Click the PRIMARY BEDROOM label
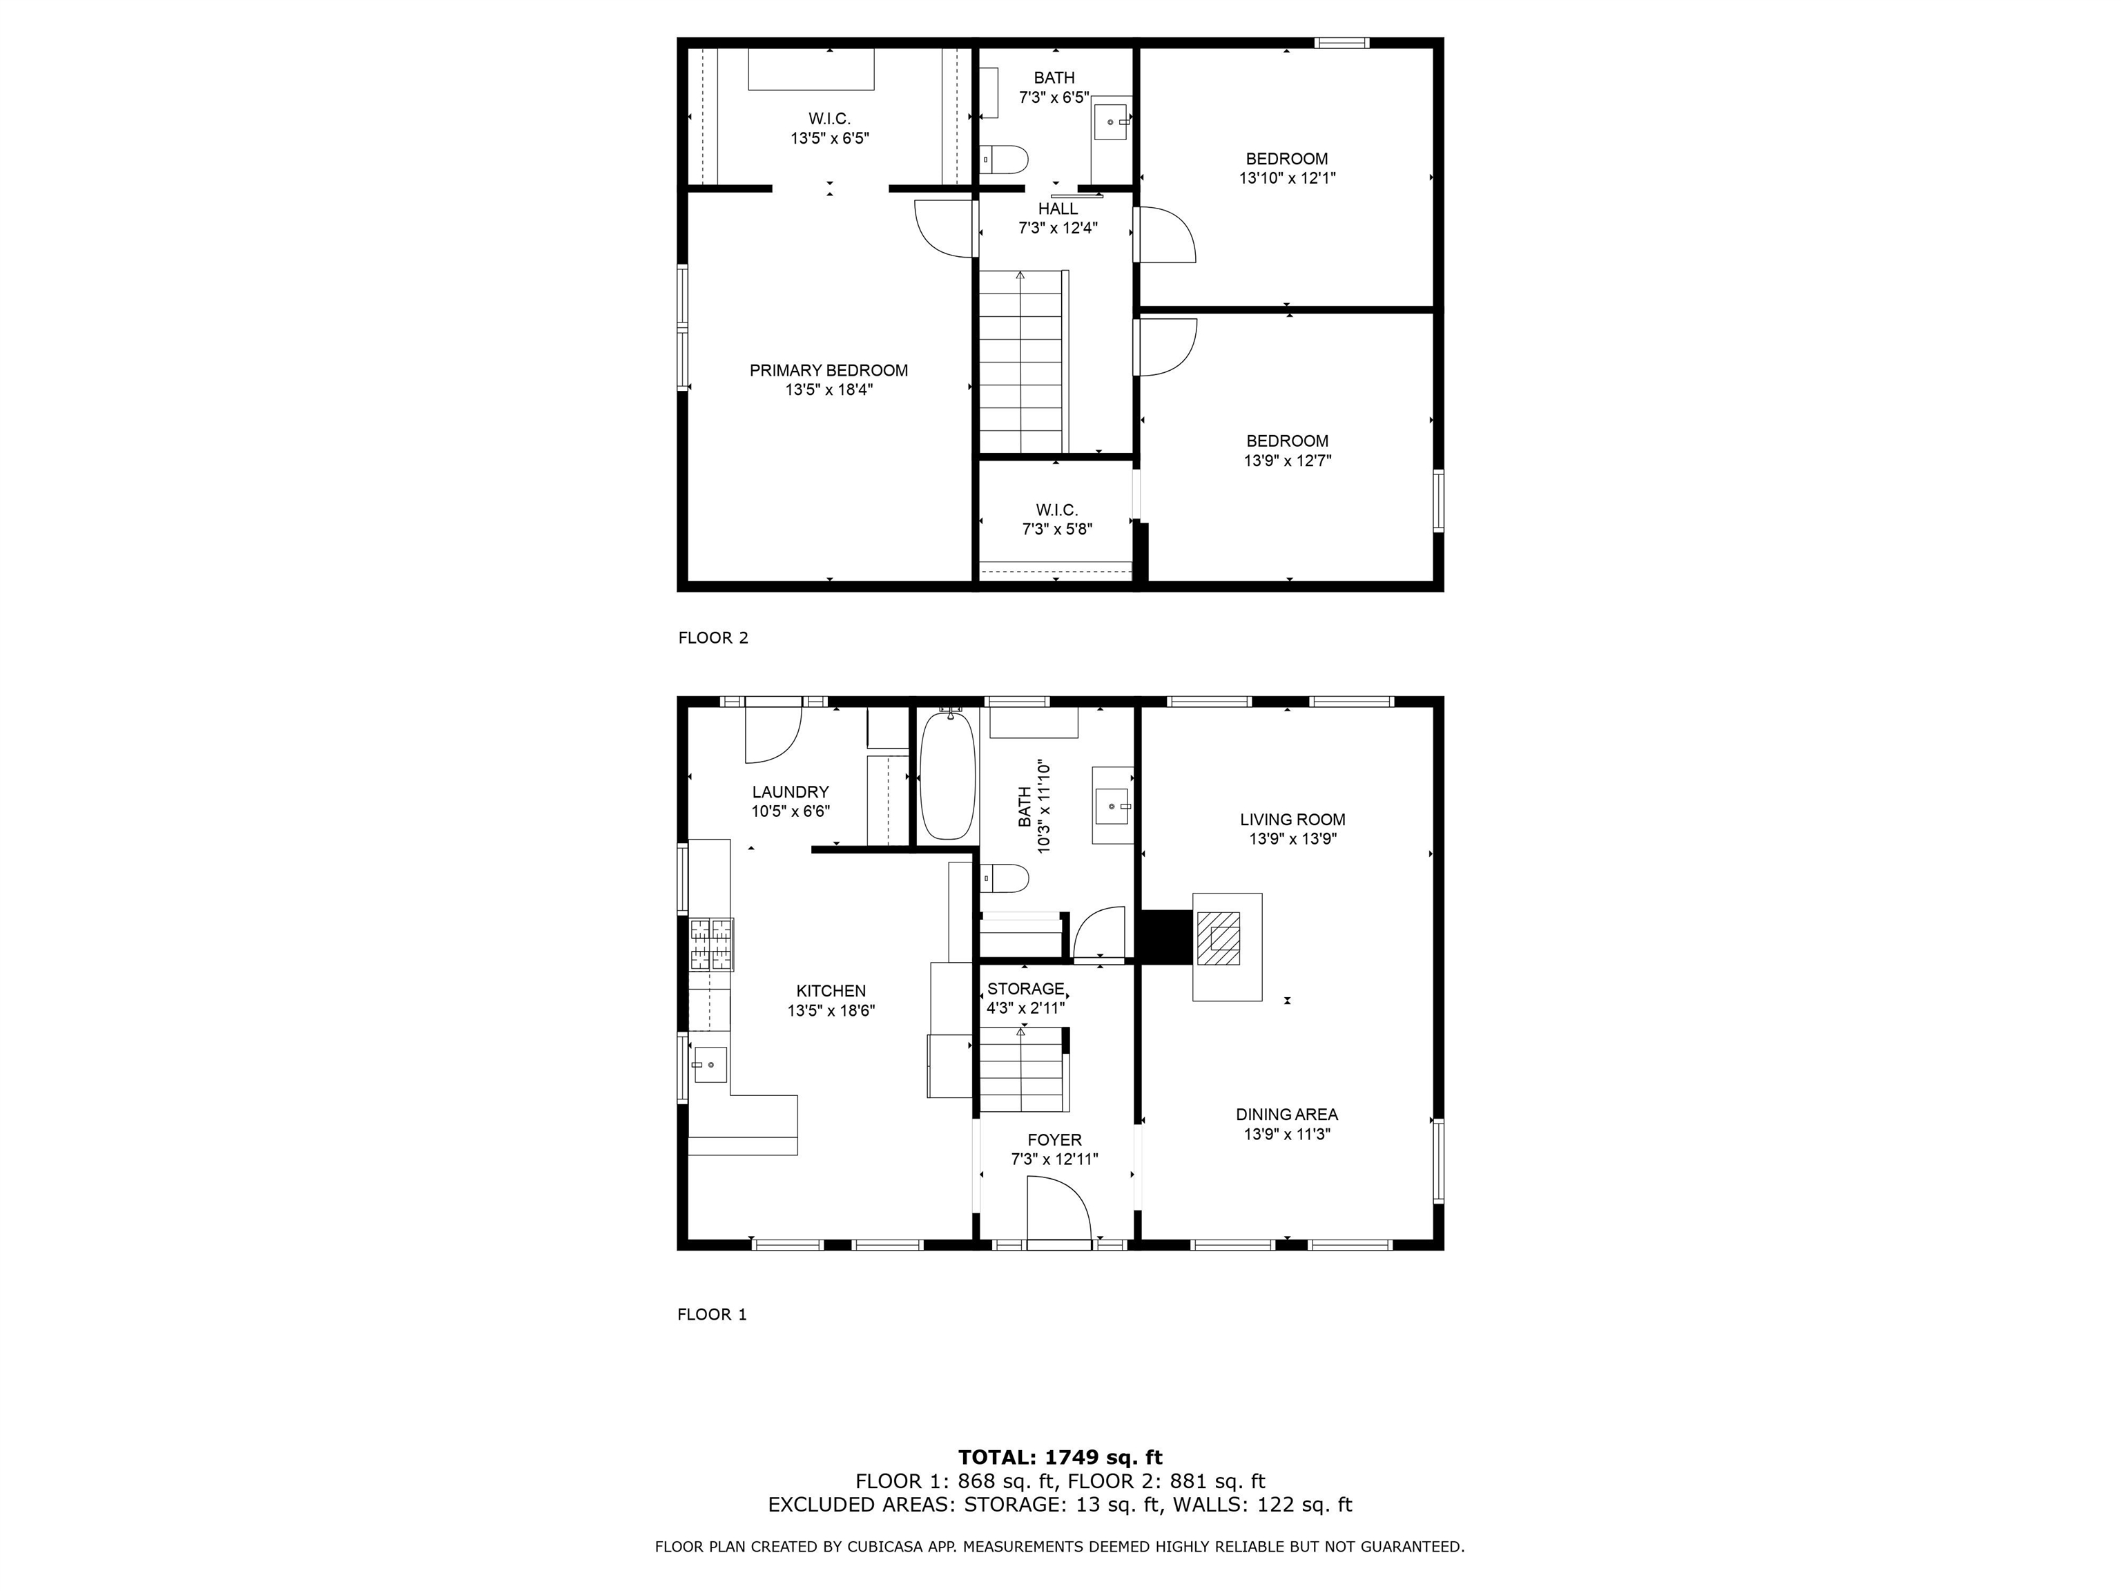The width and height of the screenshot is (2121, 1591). tap(829, 371)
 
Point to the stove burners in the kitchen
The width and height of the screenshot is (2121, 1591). tap(711, 945)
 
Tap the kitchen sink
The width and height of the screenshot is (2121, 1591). tap(710, 1063)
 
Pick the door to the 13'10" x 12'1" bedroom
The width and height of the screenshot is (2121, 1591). tap(1164, 235)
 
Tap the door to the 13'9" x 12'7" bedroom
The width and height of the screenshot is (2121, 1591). tap(1164, 347)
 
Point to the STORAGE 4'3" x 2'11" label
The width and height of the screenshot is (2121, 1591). tap(1025, 997)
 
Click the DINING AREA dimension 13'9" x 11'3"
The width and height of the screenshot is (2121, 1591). tap(1287, 1135)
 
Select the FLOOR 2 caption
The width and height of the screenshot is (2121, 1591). tap(713, 638)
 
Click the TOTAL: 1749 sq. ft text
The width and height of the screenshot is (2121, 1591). tap(1060, 1458)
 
